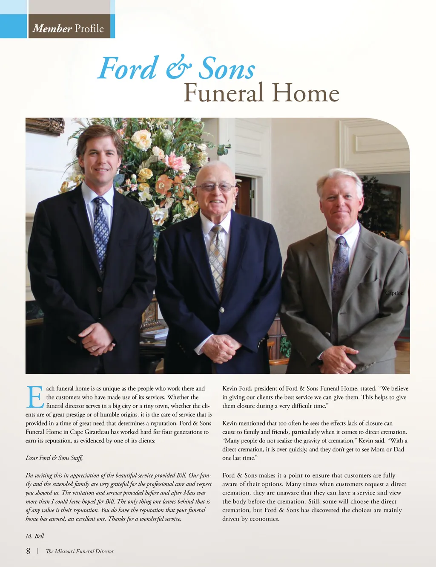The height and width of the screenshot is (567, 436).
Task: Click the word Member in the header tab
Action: [x=52, y=29]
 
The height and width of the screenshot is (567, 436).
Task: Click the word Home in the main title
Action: [x=305, y=93]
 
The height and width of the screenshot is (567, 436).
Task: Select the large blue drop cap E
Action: [x=34, y=397]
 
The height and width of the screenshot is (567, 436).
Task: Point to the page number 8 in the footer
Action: [x=28, y=551]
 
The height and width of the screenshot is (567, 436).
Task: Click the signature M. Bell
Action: [x=34, y=536]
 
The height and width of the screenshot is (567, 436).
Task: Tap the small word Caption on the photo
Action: [x=394, y=293]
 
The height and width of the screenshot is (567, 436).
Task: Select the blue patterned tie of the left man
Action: [x=101, y=230]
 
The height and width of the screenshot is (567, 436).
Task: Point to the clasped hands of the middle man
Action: [x=221, y=347]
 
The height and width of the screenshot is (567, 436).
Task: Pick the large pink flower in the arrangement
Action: [x=176, y=162]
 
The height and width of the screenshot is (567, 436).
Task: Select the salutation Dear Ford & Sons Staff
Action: [x=54, y=458]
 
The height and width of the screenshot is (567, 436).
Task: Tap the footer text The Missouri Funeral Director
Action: [x=80, y=551]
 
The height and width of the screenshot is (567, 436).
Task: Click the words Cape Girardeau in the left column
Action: [x=89, y=432]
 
